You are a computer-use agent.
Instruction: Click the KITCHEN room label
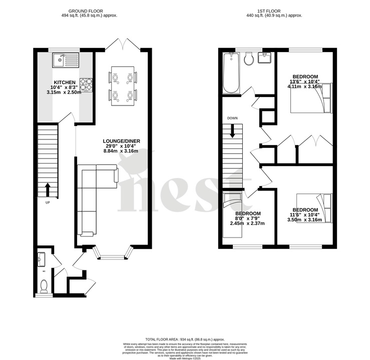click(65, 82)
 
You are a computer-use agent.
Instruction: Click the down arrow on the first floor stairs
click(232, 131)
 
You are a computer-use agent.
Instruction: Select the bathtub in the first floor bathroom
click(231, 73)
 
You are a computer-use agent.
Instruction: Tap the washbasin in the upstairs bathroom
click(265, 58)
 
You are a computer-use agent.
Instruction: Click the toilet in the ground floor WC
click(44, 285)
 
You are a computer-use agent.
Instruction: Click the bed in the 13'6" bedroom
click(310, 97)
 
